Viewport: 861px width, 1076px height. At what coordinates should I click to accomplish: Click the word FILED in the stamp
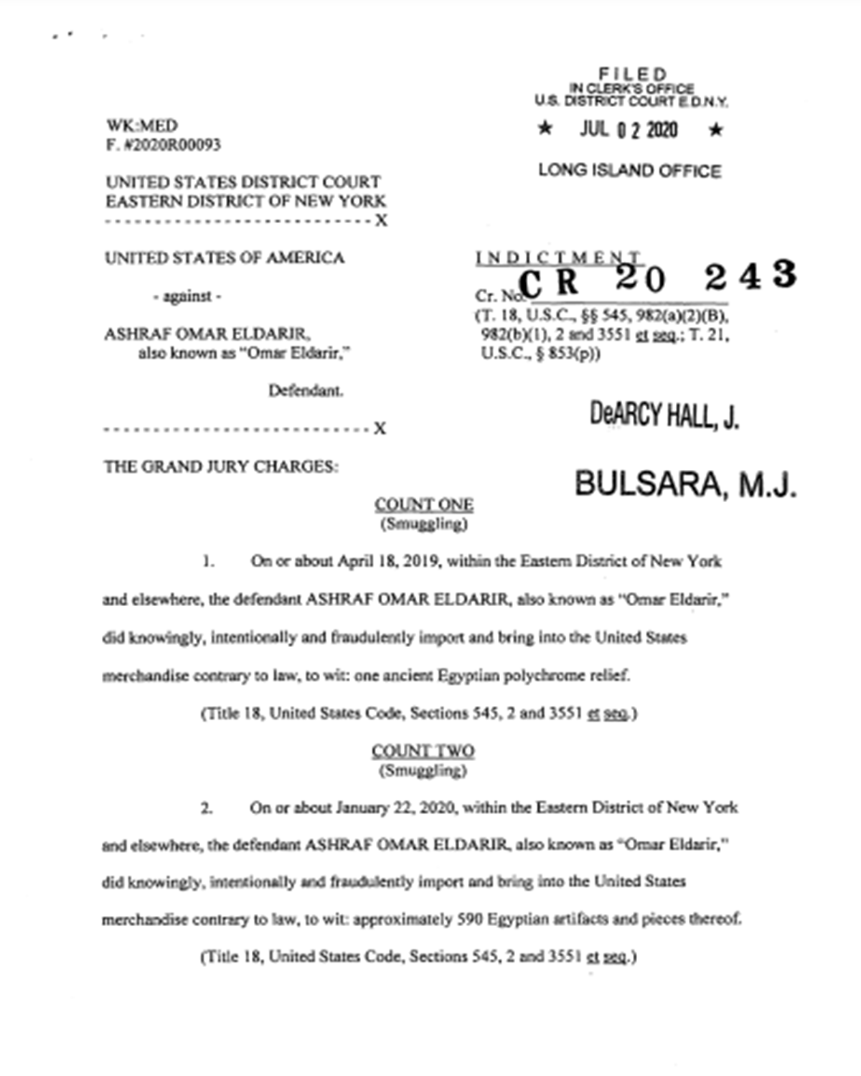click(633, 74)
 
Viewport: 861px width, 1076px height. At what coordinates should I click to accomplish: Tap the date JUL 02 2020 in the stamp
click(629, 130)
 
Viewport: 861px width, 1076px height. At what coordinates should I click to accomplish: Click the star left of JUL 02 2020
click(545, 129)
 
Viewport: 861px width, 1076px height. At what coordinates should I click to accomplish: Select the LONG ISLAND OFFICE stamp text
click(629, 171)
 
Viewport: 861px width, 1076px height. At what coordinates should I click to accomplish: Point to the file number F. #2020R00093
click(164, 145)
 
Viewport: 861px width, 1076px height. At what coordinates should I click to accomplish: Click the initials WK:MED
click(142, 126)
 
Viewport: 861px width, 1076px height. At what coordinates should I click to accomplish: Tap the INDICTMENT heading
click(558, 258)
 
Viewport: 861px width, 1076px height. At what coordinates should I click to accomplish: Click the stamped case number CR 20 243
click(657, 278)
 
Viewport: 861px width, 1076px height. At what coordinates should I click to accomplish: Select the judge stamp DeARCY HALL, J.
click(664, 415)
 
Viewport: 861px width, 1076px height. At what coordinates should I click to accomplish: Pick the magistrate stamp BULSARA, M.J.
click(685, 484)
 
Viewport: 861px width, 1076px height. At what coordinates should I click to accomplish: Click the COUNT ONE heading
click(423, 505)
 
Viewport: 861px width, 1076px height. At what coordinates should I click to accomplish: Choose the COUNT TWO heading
click(423, 751)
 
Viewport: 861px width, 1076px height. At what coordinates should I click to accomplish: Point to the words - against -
click(187, 296)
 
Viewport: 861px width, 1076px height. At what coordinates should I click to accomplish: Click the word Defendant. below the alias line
click(306, 391)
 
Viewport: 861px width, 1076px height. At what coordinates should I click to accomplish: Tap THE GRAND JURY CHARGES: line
click(221, 467)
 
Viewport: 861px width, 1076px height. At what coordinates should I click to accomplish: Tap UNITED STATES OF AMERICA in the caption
click(225, 258)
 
